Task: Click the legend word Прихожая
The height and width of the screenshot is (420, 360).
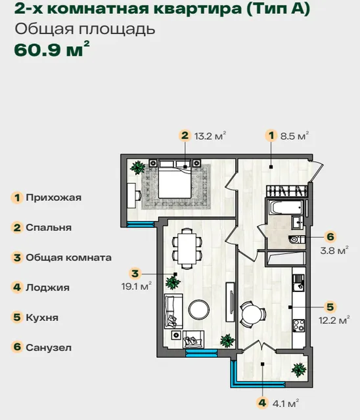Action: click(x=53, y=198)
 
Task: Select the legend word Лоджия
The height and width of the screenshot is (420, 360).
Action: click(x=47, y=287)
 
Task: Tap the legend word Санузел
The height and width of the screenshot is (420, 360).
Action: click(x=49, y=348)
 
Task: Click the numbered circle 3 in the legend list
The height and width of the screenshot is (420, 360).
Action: click(x=17, y=258)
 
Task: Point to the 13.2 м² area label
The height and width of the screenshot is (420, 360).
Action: click(x=210, y=136)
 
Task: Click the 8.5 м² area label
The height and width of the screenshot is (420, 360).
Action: click(x=294, y=136)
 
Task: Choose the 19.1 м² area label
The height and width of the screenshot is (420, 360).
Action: click(x=137, y=286)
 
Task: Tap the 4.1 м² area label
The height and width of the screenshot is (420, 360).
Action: click(x=286, y=404)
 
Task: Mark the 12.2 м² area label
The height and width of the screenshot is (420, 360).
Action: click(x=334, y=320)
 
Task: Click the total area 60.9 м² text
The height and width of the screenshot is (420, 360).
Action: click(x=52, y=49)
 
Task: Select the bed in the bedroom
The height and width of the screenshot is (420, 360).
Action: click(x=175, y=179)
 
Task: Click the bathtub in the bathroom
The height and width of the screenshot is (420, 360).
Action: click(x=286, y=207)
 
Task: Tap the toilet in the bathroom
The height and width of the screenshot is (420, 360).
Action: click(x=296, y=239)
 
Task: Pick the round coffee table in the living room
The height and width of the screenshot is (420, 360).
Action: click(x=198, y=310)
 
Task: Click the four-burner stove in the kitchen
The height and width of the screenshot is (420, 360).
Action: click(x=299, y=326)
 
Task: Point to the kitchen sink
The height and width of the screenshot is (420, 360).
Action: click(x=298, y=283)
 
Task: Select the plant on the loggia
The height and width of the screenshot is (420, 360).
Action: click(x=299, y=370)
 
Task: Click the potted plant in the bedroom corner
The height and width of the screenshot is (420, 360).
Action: click(x=138, y=168)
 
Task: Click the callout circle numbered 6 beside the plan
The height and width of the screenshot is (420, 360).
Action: click(x=330, y=236)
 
